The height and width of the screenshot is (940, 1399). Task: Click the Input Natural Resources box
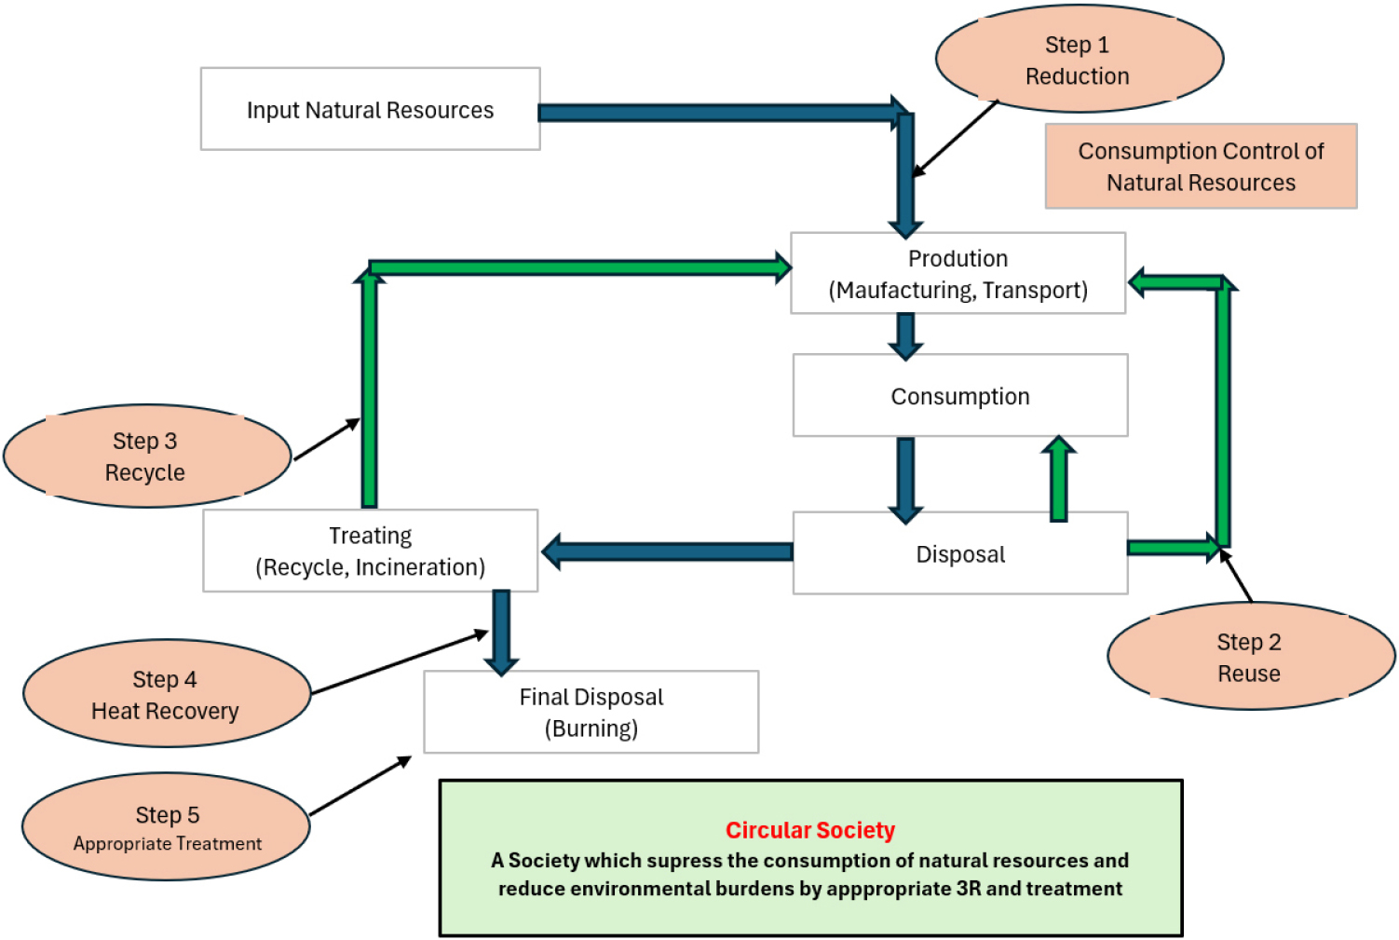pyautogui.click(x=370, y=109)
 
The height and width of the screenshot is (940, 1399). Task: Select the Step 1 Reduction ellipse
pyautogui.click(x=1079, y=60)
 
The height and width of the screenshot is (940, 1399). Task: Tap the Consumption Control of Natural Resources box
pyautogui.click(x=1201, y=166)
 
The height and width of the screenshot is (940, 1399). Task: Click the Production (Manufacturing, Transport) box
pyautogui.click(x=958, y=273)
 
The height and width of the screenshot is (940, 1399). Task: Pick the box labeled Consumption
pyautogui.click(x=959, y=396)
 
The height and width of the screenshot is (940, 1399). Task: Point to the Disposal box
pyautogui.click(x=959, y=553)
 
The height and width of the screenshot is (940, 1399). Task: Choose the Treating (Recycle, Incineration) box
pyautogui.click(x=370, y=551)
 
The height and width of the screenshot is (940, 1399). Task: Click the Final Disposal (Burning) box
pyautogui.click(x=591, y=712)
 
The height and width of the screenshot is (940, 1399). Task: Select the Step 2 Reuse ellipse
pyautogui.click(x=1250, y=657)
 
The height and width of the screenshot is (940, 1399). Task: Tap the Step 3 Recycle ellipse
pyautogui.click(x=146, y=456)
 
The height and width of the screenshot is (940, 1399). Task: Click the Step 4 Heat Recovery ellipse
pyautogui.click(x=166, y=694)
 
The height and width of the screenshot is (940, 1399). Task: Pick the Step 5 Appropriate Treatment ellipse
pyautogui.click(x=166, y=827)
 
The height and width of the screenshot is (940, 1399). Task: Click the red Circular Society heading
pyautogui.click(x=809, y=830)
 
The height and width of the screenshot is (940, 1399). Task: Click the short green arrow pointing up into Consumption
pyautogui.click(x=1058, y=479)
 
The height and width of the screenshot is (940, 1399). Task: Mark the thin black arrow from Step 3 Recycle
pyautogui.click(x=326, y=439)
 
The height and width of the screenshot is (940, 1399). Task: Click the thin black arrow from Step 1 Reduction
pyautogui.click(x=955, y=139)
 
